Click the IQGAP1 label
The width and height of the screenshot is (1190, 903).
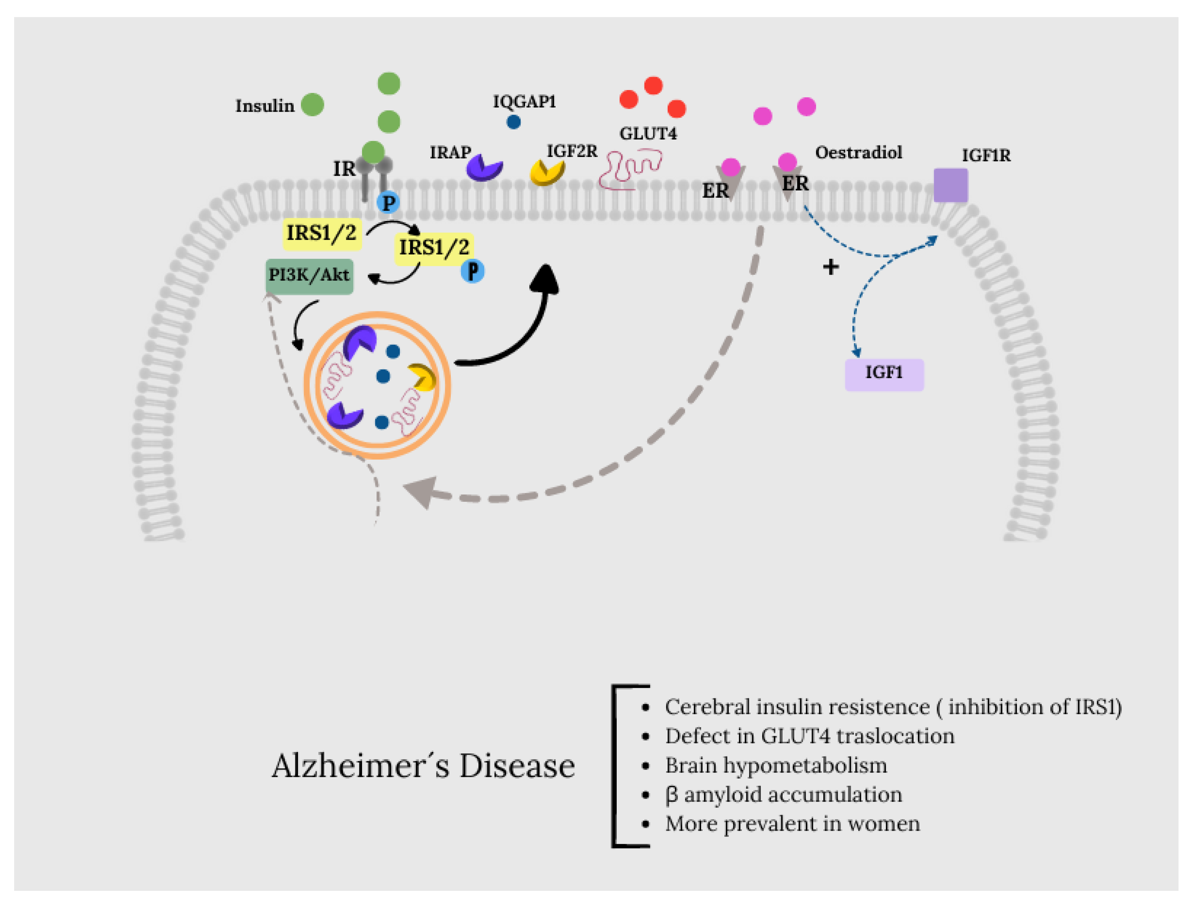pos(524,102)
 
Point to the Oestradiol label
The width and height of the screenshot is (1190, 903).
pos(858,153)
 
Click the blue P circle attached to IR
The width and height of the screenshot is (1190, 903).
pos(388,203)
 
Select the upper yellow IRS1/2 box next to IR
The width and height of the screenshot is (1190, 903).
pos(322,234)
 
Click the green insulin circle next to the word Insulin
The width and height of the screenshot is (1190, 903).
pos(312,104)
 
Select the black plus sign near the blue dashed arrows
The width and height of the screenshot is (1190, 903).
pos(831,267)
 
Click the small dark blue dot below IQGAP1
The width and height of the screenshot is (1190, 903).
pos(514,122)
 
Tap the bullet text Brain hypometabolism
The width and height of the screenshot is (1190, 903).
pos(776,765)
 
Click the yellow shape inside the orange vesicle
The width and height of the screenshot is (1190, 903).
pos(423,377)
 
